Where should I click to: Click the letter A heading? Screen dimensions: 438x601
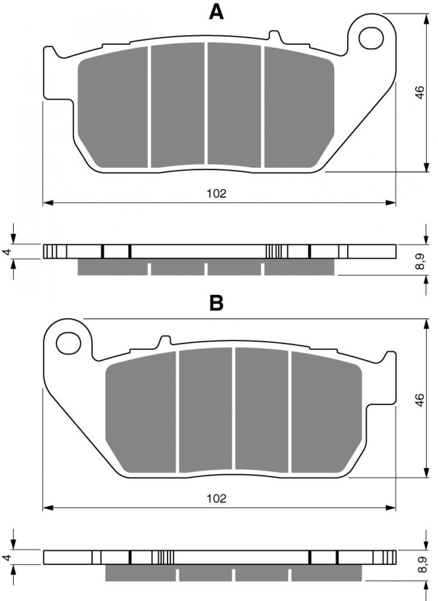click(216, 12)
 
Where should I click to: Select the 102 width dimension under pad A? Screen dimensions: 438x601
click(216, 193)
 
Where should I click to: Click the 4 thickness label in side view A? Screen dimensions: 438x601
click(8, 251)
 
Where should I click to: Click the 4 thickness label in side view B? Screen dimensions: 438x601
click(8, 557)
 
